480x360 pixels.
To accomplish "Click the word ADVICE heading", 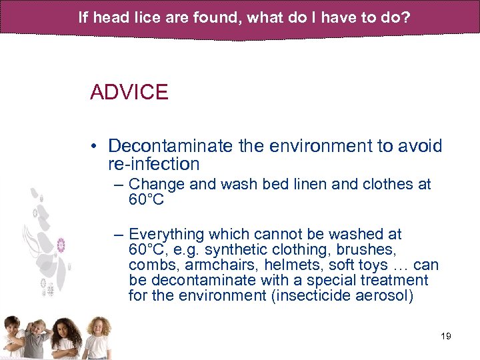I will tap(129, 92).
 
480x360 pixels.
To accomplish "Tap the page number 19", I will tap(446, 336).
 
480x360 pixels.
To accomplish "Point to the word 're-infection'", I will tap(153, 164).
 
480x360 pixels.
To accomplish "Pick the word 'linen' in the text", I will tap(309, 184).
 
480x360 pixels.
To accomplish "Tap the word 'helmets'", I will tap(297, 265).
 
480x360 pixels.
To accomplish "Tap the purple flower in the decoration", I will tap(62, 245).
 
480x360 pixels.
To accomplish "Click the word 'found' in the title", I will tap(219, 17).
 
